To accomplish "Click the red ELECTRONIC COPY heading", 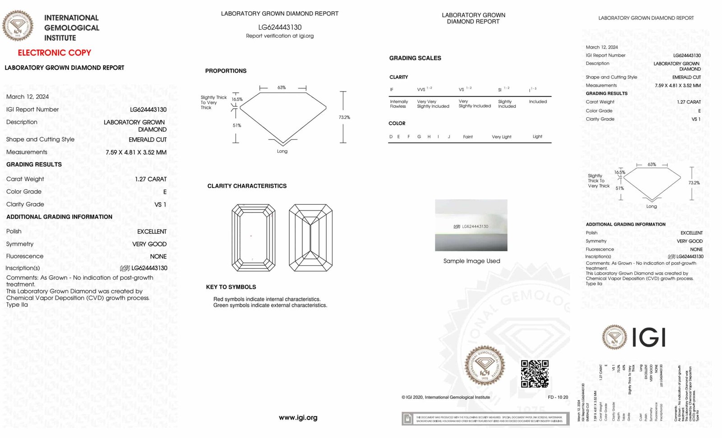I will pos(54,53).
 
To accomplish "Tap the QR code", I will pos(535,373).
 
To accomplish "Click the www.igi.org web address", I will pos(298,418).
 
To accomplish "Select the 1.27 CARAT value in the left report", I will pos(151,179).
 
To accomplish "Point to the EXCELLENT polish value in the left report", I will pos(152,231).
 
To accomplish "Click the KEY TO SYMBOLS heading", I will pos(231,287).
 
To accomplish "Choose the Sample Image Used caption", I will pos(472,261).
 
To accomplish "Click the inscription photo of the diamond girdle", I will pos(471,225).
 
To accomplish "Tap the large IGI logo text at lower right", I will pos(649,337).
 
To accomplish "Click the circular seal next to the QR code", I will pos(485,366).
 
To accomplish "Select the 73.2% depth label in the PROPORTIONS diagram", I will pos(344,117).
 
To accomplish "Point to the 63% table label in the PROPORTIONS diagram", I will pos(282,88).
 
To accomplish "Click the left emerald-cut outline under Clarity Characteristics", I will pos(253,237).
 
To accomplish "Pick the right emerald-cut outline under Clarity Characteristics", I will pos(310,237).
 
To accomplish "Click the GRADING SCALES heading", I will pos(415,58).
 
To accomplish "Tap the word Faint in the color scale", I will pos(468,137).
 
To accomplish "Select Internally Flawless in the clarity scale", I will pos(399,104).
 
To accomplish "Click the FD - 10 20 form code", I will pos(558,397).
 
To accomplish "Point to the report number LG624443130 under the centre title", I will pos(280,27).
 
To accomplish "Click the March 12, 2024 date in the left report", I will pos(28,97).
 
